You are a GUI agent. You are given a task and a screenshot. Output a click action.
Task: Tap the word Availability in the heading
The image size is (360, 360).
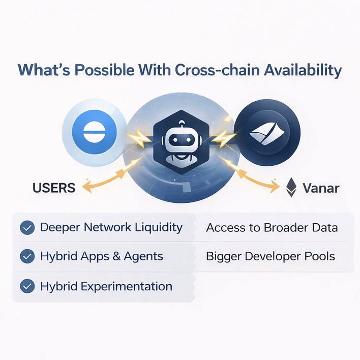coord(303,71)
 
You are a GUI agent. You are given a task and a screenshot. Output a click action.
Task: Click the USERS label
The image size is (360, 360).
coord(54,188)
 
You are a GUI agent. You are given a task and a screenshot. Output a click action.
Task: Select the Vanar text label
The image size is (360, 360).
coord(321,188)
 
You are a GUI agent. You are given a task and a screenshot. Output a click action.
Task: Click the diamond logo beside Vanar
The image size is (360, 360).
coord(291,187)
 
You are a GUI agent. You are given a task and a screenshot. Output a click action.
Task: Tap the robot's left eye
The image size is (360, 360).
coord(175,140)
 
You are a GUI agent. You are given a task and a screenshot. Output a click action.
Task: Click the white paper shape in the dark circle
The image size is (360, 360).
coord(267,134)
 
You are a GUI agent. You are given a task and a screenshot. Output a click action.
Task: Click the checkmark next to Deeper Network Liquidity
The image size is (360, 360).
coord(27,227)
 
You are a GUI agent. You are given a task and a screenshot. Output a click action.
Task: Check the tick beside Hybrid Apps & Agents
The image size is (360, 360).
coord(27,256)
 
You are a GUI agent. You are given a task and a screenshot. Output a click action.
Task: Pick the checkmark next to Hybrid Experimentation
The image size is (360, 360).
coord(27,286)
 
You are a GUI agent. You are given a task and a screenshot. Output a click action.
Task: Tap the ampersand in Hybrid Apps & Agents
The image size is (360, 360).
coord(116,256)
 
